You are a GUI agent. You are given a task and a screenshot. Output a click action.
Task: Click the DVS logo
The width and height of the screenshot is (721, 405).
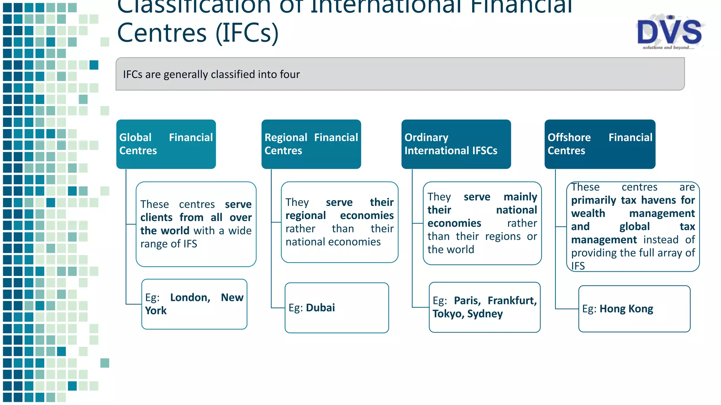670,32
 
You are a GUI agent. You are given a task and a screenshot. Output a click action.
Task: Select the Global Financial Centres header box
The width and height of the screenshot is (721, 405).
166,144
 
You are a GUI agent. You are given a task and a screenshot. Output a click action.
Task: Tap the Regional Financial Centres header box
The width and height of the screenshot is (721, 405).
311,144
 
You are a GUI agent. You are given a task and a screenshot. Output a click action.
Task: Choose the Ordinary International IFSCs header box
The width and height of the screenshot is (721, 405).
456,144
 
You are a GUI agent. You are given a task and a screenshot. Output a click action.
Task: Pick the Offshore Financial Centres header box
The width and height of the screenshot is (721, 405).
600,144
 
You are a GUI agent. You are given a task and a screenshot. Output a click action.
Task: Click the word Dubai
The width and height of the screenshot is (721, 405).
320,308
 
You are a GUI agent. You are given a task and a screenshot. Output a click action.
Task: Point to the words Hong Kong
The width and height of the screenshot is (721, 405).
626,309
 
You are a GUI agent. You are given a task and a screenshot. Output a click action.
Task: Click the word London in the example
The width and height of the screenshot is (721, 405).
190,298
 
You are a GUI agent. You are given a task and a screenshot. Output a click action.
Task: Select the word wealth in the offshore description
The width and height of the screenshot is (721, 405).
588,213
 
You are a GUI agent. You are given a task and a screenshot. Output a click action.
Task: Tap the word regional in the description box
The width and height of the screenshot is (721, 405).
306,216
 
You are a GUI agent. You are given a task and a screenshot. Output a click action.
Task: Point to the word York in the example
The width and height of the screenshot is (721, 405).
156,311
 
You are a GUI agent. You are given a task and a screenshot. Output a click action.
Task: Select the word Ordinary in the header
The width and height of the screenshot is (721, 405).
426,137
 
